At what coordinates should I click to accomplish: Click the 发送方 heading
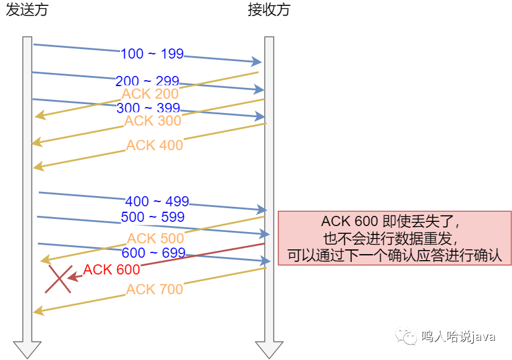[x=27, y=10]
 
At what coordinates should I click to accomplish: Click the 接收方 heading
[x=269, y=10]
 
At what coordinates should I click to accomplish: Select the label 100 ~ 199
[x=152, y=54]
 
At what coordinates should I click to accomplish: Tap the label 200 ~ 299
[x=147, y=81]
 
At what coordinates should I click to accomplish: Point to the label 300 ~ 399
[x=148, y=108]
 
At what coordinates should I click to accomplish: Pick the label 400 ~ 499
[x=157, y=202]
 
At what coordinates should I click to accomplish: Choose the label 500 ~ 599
[x=152, y=217]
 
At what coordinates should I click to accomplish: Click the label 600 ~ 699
[x=154, y=253]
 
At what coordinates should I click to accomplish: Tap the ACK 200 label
[x=150, y=94]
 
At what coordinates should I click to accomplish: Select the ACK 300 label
[x=153, y=121]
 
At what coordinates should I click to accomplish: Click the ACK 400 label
[x=155, y=145]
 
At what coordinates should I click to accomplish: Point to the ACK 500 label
[x=155, y=239]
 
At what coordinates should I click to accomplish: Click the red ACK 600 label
[x=112, y=270]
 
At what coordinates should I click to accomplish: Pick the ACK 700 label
[x=155, y=289]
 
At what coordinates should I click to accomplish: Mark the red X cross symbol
[x=59, y=279]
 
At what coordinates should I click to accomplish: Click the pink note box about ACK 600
[x=394, y=238]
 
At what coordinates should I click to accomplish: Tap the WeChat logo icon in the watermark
[x=406, y=336]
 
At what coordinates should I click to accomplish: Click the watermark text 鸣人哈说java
[x=458, y=337]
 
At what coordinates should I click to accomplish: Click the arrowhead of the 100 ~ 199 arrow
[x=256, y=61]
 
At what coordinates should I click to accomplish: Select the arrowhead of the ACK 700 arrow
[x=38, y=310]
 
